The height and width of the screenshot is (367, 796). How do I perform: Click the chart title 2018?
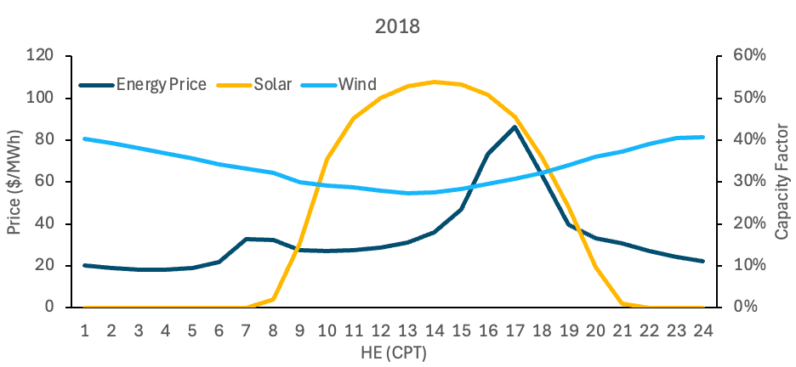pyautogui.click(x=398, y=26)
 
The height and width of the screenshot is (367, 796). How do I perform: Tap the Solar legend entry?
pyautogui.click(x=273, y=84)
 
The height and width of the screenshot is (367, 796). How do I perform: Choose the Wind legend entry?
pyautogui.click(x=357, y=84)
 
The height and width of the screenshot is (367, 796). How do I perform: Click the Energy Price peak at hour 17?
pyautogui.click(x=515, y=127)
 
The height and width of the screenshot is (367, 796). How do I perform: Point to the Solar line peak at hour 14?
pyautogui.click(x=435, y=82)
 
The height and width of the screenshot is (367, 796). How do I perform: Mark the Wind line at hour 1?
pyautogui.click(x=85, y=138)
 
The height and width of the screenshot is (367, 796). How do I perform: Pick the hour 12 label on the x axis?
pyautogui.click(x=382, y=330)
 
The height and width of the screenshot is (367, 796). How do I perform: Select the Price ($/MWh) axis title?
pyautogui.click(x=14, y=182)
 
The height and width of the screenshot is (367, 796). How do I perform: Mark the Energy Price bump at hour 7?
pyautogui.click(x=246, y=239)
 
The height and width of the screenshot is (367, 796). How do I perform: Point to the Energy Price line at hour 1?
pyautogui.click(x=85, y=265)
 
